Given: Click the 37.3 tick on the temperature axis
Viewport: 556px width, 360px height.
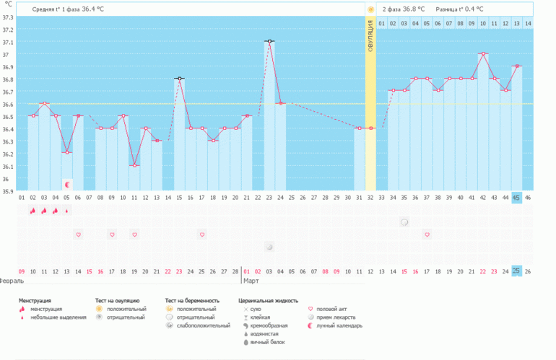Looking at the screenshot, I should click(8, 17).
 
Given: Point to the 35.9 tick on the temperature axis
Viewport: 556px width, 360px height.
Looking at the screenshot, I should click(8, 191).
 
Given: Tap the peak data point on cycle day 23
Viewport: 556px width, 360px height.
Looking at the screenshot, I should click(269, 41).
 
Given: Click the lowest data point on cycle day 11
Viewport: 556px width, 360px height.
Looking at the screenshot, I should click(135, 165).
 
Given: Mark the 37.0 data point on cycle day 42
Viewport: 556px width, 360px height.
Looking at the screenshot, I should click(483, 53).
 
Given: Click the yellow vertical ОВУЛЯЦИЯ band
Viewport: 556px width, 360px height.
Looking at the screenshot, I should click(370, 108).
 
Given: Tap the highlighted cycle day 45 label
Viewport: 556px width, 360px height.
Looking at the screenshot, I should click(516, 197).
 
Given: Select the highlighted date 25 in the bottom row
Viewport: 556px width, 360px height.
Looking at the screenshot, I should click(516, 271).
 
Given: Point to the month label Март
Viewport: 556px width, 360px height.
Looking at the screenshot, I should click(251, 281).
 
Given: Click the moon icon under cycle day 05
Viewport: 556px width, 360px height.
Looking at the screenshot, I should click(68, 184).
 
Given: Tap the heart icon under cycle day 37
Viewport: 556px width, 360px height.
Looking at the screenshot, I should click(427, 234).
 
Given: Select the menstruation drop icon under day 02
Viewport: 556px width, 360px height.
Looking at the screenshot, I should click(32, 211).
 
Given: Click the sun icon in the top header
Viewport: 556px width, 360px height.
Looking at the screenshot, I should click(370, 9).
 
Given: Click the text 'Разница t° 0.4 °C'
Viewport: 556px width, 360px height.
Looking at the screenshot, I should click(459, 9).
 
